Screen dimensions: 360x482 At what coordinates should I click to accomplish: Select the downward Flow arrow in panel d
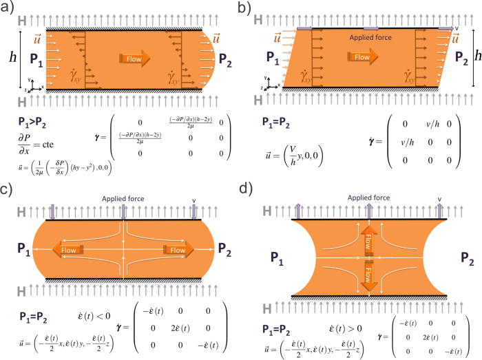[369, 273]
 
